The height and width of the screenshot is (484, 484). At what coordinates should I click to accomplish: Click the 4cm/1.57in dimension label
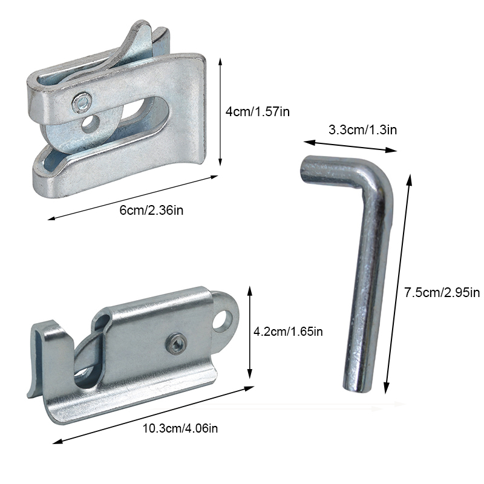click(258, 111)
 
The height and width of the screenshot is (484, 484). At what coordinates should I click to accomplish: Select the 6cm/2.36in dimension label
click(151, 211)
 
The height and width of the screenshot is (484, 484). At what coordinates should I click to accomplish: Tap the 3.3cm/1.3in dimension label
click(362, 129)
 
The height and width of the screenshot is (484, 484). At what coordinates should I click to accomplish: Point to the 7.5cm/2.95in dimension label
click(442, 292)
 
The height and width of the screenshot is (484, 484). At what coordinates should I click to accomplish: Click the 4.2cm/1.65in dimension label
click(288, 332)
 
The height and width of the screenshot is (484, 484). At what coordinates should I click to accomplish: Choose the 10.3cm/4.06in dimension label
click(180, 428)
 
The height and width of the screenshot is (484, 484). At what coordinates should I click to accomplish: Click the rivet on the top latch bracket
click(82, 102)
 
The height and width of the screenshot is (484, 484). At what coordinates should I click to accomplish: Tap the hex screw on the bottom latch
click(177, 343)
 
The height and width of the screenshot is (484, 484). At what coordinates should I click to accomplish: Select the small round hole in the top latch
click(90, 123)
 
